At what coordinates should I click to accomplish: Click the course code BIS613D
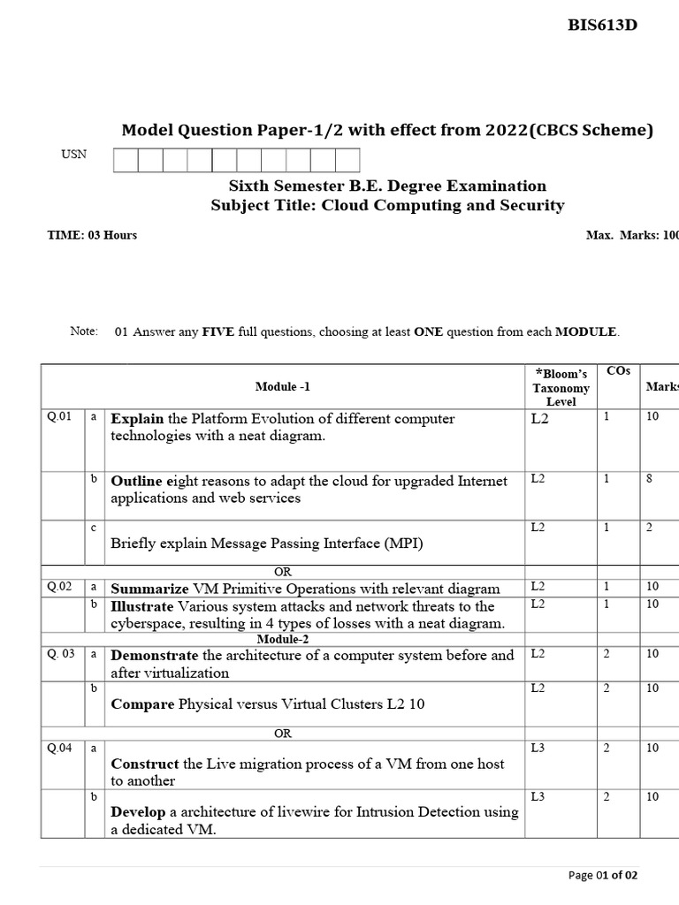point(602,25)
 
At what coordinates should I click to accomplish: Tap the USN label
point(73,154)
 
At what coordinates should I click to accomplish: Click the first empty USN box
point(126,160)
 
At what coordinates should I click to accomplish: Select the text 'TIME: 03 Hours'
point(92,235)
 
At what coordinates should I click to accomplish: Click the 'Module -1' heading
point(283,386)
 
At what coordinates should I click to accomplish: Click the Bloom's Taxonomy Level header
point(561,387)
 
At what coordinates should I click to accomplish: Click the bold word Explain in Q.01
point(137,419)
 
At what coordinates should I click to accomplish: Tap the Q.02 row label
point(59,586)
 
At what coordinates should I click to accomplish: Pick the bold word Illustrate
point(142,606)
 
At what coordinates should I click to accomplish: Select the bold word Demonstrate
point(154,656)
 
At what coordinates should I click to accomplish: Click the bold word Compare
point(142,704)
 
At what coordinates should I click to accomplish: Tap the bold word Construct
point(144,764)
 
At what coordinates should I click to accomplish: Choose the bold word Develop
point(138,812)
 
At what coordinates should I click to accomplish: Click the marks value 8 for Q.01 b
point(650,479)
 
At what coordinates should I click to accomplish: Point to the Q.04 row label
point(59,748)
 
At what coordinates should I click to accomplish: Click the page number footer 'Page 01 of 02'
point(601,875)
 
